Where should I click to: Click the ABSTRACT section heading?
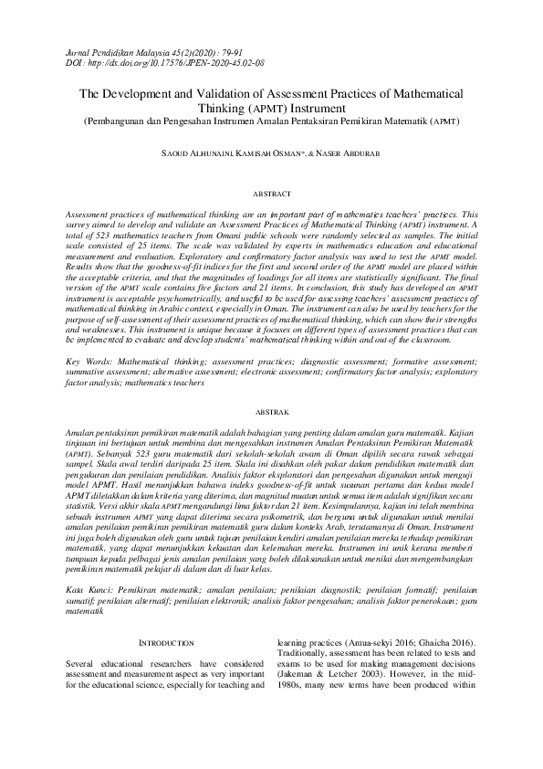point(271,194)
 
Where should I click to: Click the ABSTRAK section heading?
point(271,413)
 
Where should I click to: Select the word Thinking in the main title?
point(223,108)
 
